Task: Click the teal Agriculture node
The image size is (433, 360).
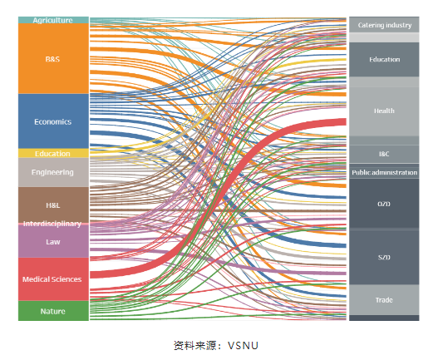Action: [53, 20]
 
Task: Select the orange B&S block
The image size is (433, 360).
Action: [53, 58]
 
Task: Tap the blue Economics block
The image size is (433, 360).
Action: [53, 121]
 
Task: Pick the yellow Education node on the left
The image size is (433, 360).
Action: [53, 153]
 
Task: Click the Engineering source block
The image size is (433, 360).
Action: [53, 172]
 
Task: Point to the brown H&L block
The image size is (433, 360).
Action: [53, 205]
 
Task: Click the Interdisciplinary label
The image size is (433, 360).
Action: [52, 224]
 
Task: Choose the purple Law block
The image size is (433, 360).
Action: [53, 241]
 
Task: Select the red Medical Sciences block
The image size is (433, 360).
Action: [53, 279]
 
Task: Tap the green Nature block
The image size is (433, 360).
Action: [53, 311]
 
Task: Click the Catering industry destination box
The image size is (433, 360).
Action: [384, 25]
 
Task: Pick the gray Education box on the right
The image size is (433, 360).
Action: [384, 59]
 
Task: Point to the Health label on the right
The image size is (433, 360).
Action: [384, 111]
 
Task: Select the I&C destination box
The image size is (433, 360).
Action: [384, 154]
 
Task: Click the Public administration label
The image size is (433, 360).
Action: [385, 172]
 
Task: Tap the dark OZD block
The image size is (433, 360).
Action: [384, 204]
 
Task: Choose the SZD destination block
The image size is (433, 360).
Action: [384, 257]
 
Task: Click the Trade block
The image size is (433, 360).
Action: [384, 300]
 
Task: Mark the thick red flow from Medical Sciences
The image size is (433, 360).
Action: [219, 194]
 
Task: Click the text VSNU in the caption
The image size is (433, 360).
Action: [243, 346]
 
